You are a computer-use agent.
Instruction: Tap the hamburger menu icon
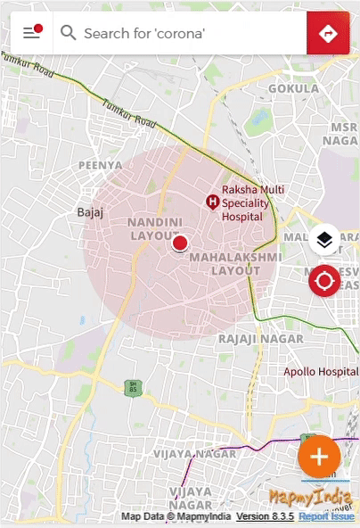point(32,33)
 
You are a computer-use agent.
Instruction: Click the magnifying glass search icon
point(68,33)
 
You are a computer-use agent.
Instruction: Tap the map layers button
point(324,239)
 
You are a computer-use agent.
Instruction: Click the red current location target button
point(324,282)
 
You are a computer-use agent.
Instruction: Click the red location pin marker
point(180,243)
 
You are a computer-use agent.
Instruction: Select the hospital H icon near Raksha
point(213,202)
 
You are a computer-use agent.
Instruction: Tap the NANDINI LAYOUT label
point(155,228)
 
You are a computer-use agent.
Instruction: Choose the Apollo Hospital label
point(321,371)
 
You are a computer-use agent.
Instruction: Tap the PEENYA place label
point(100,165)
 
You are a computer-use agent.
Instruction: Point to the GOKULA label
point(293,89)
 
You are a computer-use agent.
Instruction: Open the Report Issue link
point(327,516)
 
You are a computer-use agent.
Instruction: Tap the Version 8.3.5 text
point(265,516)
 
